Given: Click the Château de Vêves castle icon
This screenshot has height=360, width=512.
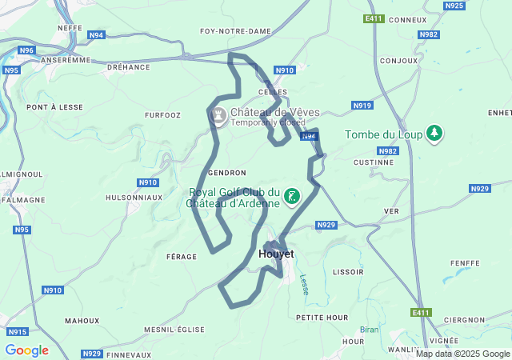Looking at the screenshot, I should (217, 117).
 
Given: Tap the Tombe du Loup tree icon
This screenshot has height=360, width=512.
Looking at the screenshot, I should (434, 134).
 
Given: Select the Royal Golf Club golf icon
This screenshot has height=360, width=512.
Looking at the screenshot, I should (292, 197).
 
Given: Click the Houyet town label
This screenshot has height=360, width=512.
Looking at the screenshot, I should (277, 254).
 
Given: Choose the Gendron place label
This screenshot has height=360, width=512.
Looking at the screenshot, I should (226, 173).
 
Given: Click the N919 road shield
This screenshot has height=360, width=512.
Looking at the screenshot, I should (362, 106).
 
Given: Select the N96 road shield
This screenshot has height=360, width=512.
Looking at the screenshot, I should (27, 50).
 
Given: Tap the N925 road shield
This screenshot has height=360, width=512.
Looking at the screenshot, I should (454, 6).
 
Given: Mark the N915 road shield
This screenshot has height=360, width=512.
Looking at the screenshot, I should (17, 331).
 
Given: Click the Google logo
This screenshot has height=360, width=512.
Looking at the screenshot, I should (26, 350).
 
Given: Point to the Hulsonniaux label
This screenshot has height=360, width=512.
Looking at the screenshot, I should (134, 197).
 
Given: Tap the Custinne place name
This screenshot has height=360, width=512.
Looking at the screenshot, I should (373, 162).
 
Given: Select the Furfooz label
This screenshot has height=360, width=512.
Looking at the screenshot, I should (162, 115).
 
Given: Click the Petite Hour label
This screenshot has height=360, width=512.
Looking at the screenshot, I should (322, 318).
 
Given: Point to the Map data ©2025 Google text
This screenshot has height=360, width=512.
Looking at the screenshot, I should (462, 354).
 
